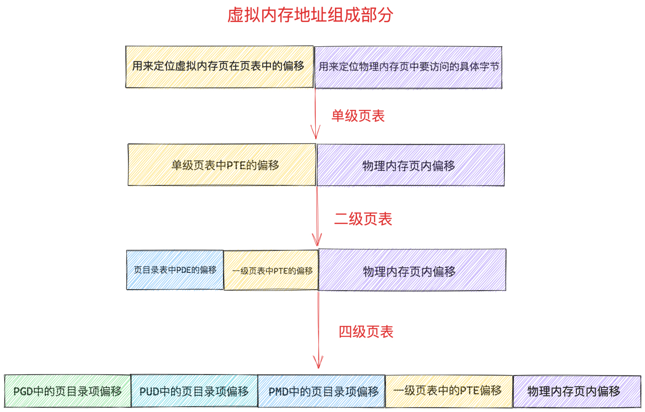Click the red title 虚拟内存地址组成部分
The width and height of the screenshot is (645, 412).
click(310, 15)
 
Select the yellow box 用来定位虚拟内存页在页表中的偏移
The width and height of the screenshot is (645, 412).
click(220, 67)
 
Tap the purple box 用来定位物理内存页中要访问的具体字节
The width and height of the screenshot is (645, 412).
click(408, 67)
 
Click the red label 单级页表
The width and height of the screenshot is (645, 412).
click(358, 116)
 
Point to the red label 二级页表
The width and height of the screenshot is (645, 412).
click(363, 219)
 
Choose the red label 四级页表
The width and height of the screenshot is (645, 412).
click(366, 332)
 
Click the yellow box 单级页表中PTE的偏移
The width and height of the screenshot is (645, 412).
click(222, 165)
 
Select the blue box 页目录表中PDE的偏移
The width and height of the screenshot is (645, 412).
click(175, 270)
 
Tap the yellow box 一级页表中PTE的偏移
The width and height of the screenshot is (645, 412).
click(271, 270)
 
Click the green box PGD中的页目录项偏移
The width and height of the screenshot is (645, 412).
click(68, 391)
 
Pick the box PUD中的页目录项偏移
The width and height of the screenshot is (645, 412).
click(195, 391)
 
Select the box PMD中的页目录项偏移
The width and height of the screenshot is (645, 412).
click(321, 391)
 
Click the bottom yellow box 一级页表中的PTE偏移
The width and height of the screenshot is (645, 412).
click(448, 391)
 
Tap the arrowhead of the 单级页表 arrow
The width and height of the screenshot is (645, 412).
click(316, 139)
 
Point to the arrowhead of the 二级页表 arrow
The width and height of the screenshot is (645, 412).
click(317, 245)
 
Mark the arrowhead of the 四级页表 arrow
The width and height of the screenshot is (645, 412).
click(318, 368)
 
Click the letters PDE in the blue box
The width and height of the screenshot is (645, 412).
click(184, 270)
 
